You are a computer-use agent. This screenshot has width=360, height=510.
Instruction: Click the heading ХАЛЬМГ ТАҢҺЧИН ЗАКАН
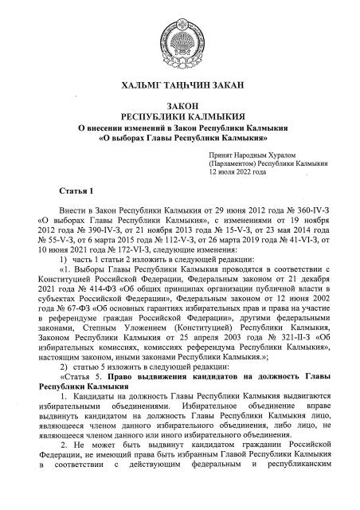(180, 85)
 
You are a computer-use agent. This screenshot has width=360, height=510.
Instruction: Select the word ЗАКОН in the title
(180, 105)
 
